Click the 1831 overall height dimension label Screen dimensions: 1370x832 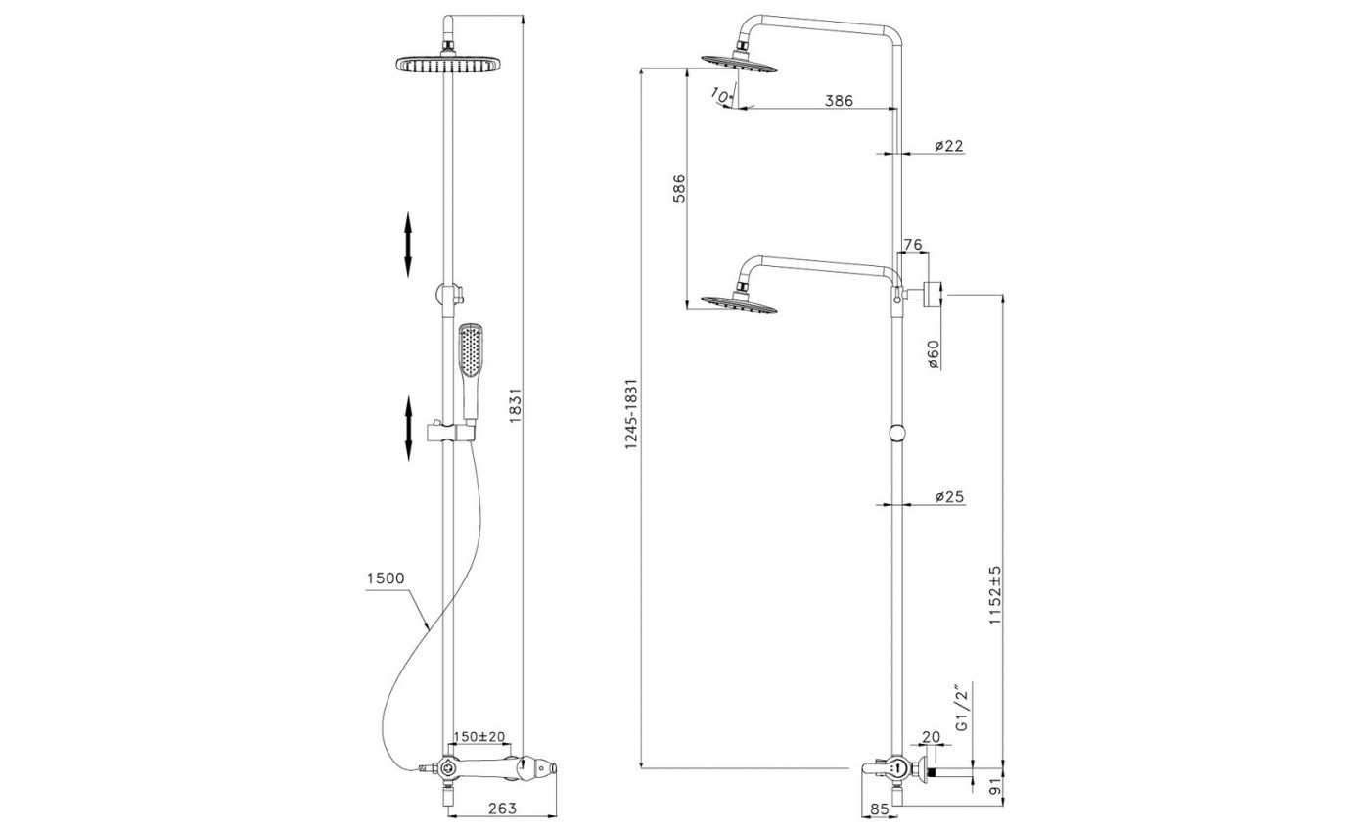(514, 405)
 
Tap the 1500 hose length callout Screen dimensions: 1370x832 (386, 578)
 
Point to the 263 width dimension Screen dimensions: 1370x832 (503, 809)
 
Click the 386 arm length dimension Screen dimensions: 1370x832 (839, 100)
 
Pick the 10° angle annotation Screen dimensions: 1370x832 (722, 96)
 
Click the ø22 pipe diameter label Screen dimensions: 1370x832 (949, 146)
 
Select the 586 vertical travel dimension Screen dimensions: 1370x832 (679, 188)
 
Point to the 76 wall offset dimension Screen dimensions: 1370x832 (912, 245)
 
